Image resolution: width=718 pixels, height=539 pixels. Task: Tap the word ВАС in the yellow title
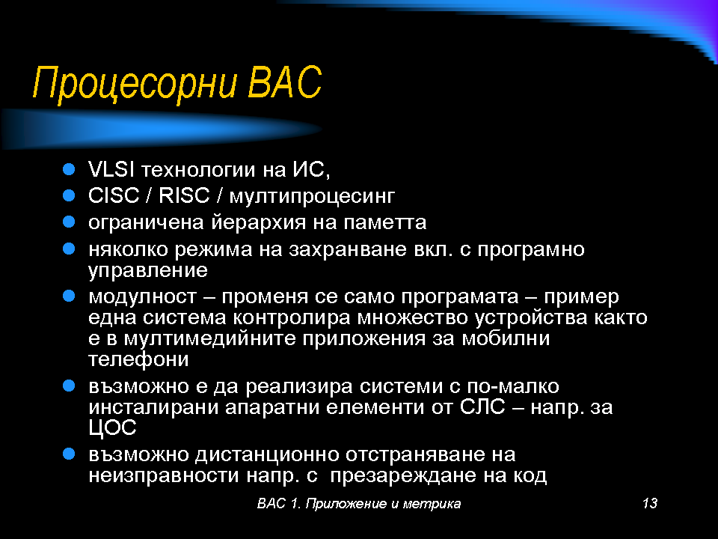point(285,82)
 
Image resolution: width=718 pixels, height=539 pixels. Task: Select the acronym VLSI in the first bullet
point(111,170)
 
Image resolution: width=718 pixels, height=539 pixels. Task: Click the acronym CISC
point(114,195)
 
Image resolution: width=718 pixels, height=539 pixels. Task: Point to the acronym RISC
point(184,195)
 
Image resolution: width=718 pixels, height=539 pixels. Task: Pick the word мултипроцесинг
point(312,197)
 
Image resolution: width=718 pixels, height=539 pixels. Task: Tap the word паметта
point(384,223)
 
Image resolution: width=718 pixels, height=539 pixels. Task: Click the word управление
point(148,271)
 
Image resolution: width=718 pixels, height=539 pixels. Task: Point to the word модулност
point(142,297)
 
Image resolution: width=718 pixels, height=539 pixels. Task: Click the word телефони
point(138,359)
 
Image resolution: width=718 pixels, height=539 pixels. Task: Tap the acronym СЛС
point(482,407)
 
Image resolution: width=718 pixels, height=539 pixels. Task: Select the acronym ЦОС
point(113,428)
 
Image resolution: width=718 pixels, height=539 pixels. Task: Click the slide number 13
point(650,503)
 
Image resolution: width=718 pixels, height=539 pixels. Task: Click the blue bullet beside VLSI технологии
point(69,170)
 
